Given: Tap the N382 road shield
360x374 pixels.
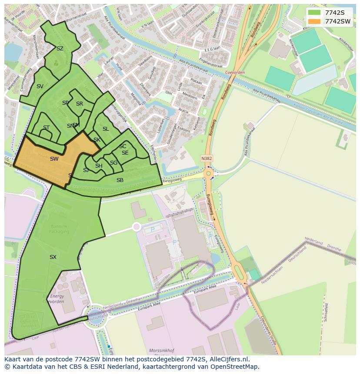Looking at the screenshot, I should (207, 159).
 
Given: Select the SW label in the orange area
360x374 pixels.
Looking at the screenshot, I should (54, 159).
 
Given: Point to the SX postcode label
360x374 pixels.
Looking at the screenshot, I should (53, 257).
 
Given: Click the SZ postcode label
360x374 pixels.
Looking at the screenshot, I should (60, 49).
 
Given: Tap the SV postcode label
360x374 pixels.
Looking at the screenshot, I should (40, 86).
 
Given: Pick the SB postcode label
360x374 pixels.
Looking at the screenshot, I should (120, 180).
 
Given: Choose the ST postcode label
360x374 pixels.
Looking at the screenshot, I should (46, 128).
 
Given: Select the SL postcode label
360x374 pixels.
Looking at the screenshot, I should (106, 129).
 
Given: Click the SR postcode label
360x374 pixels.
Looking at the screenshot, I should (80, 104).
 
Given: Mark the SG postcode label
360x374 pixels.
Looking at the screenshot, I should (113, 163).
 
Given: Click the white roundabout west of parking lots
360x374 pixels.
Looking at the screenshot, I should (137, 227).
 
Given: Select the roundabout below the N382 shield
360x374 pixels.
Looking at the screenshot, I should (209, 174).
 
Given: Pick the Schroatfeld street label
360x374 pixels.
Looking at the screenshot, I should (327, 312).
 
